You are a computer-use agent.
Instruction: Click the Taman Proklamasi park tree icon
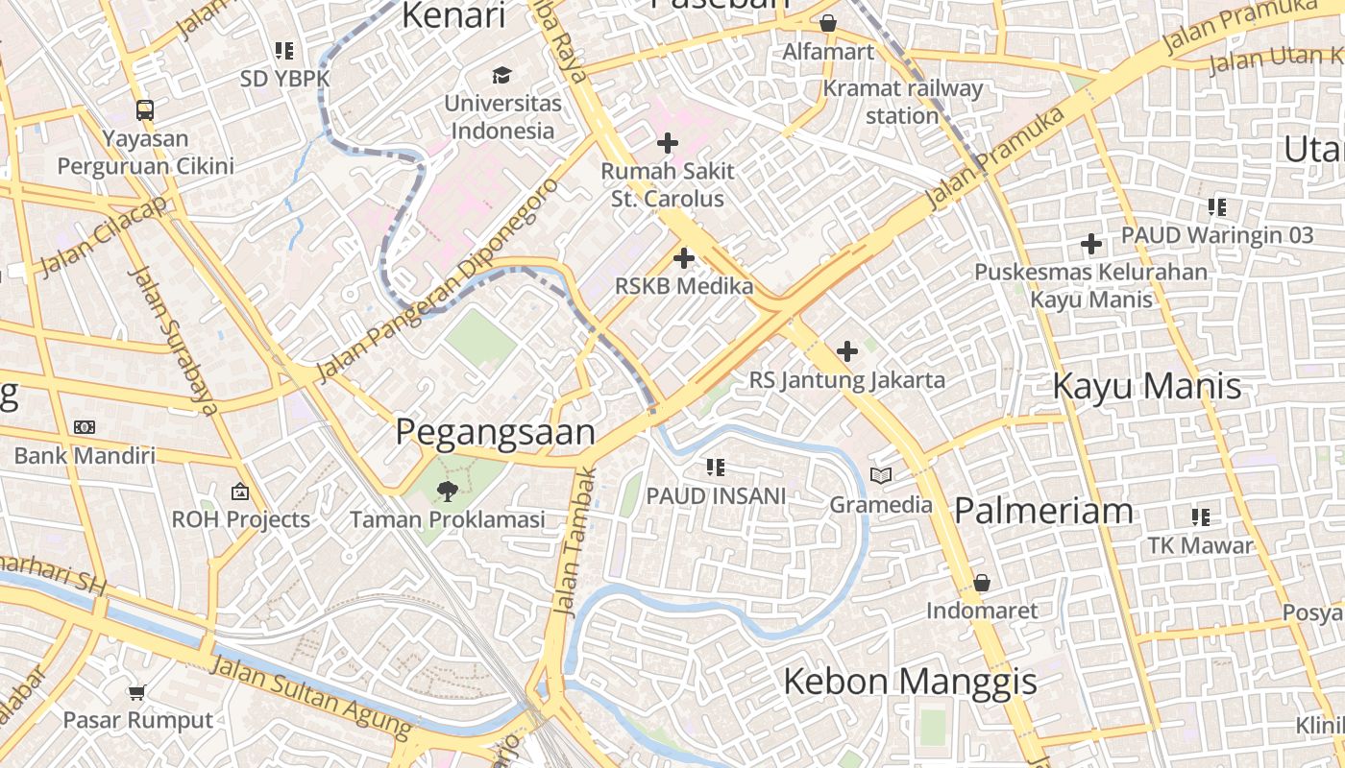click(x=446, y=492)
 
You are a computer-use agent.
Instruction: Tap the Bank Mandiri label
click(x=85, y=455)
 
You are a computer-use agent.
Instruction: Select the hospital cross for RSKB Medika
click(x=684, y=258)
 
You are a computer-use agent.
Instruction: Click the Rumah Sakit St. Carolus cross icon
click(x=668, y=144)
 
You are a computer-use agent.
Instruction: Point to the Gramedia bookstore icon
click(x=881, y=475)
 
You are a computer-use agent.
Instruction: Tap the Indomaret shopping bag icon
click(x=981, y=583)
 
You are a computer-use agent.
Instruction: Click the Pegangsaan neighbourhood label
click(x=496, y=432)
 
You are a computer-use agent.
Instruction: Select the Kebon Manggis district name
click(x=910, y=682)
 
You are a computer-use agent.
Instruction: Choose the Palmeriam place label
click(x=1043, y=510)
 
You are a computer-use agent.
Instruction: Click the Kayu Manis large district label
click(x=1147, y=386)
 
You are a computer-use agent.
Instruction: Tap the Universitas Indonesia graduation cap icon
click(x=501, y=75)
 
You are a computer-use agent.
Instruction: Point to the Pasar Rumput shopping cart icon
click(x=137, y=692)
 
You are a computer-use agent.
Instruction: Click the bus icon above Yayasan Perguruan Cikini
click(x=145, y=109)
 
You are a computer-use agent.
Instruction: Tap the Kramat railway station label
click(x=902, y=102)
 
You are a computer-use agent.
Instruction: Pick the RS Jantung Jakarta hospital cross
click(x=846, y=351)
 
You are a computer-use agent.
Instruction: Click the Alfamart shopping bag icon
click(x=828, y=23)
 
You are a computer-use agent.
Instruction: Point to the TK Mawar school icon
click(x=1200, y=517)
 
